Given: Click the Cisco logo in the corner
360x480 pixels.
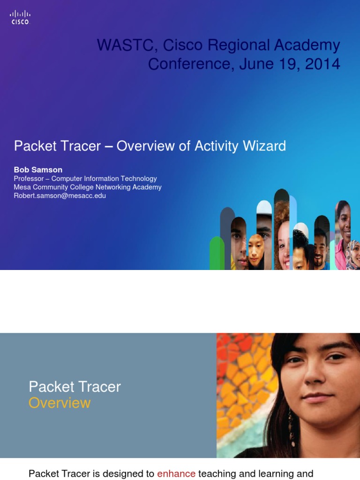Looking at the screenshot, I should (20, 17).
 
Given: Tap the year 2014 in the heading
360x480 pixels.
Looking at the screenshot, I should (322, 64).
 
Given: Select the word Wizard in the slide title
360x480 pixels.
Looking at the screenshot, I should (264, 146).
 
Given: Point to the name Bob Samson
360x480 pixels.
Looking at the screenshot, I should (38, 170).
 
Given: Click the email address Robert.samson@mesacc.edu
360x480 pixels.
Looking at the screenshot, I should (60, 195).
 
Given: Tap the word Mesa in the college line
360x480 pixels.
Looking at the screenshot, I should (22, 187).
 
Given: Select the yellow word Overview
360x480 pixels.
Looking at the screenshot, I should (60, 403).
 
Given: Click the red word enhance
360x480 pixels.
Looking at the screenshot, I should (176, 474).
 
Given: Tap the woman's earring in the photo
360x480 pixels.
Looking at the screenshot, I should (291, 422).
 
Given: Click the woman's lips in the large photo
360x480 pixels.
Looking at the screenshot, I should (317, 397).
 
